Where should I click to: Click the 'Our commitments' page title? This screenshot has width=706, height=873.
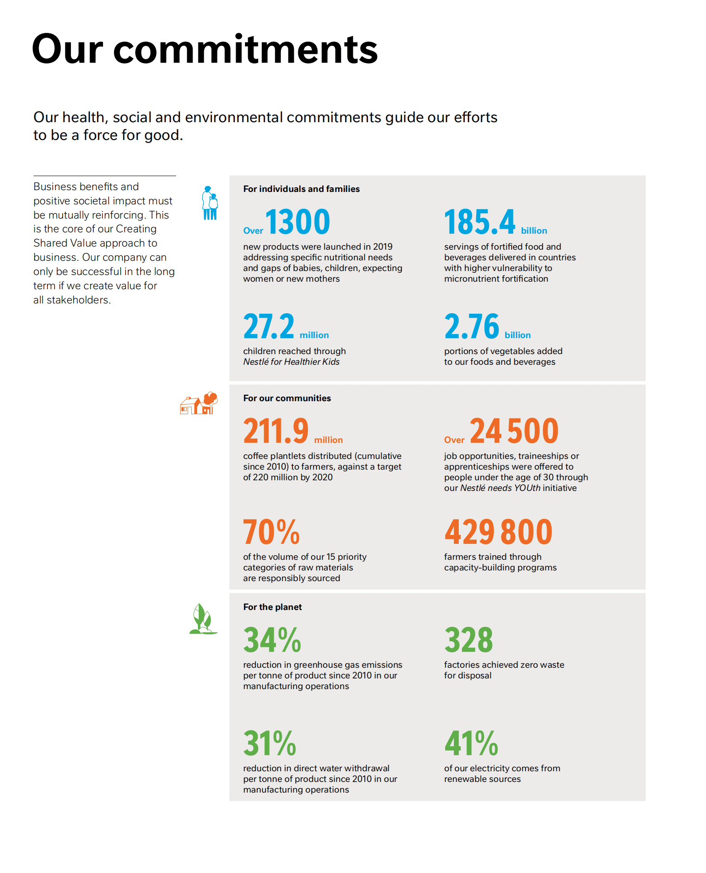(205, 49)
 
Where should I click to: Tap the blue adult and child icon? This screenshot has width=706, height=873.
(210, 203)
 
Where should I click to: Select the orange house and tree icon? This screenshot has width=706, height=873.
(199, 403)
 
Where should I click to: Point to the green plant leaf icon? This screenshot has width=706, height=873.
(203, 619)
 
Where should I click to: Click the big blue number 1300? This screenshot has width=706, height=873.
(298, 222)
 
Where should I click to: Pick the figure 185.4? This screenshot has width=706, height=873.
(479, 222)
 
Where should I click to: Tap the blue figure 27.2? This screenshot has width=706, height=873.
(268, 327)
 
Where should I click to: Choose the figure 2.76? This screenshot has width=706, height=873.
(471, 327)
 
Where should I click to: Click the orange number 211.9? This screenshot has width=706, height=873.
(276, 431)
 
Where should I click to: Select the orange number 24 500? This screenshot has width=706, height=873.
(514, 431)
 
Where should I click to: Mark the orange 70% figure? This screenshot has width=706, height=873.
(271, 532)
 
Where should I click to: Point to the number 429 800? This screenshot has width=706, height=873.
(498, 532)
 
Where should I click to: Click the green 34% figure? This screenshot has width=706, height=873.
(272, 640)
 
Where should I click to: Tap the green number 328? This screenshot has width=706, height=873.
(469, 640)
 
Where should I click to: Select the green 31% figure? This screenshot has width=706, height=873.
(269, 743)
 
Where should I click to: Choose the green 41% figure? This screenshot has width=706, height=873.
(471, 743)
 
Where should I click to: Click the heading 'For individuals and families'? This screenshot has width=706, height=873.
(301, 189)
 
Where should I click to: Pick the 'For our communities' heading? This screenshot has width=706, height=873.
(287, 398)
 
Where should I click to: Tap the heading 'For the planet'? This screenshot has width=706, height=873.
(272, 607)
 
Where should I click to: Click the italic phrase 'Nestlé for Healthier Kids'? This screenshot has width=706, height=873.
(291, 362)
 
